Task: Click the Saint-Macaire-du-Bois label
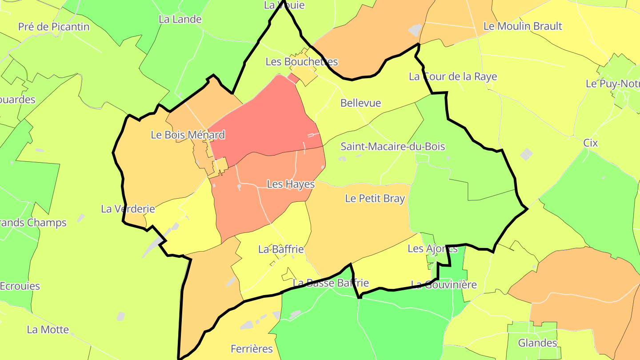click(x=392, y=147)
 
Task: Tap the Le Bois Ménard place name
click(x=188, y=135)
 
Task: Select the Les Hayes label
click(x=291, y=184)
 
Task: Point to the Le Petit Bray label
click(x=375, y=199)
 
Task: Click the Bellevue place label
click(x=360, y=103)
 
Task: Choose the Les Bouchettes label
click(x=301, y=62)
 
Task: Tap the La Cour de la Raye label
click(x=452, y=76)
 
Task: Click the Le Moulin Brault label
click(x=522, y=26)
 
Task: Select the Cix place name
click(x=590, y=143)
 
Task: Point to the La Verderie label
click(x=128, y=209)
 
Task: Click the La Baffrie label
click(x=281, y=249)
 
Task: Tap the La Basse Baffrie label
click(x=331, y=283)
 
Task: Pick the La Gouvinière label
click(x=443, y=284)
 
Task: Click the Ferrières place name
click(x=252, y=348)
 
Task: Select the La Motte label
click(x=48, y=330)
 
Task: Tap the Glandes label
click(x=537, y=343)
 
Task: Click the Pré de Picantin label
click(x=54, y=27)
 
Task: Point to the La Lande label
click(x=180, y=20)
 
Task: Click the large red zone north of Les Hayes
click(x=262, y=120)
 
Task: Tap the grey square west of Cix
click(x=526, y=154)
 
